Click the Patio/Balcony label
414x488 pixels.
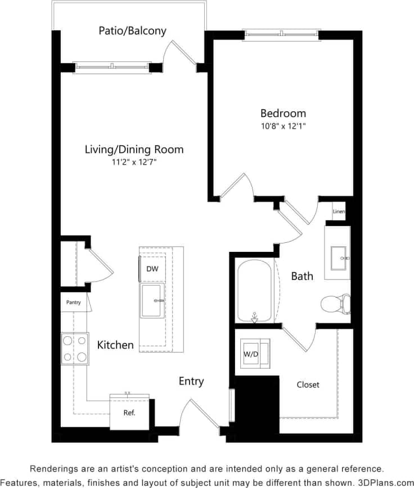132,30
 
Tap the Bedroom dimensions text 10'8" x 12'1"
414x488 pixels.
283,126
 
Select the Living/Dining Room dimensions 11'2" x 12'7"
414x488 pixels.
134,163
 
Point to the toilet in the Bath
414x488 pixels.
335,304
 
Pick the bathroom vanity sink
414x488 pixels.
338,258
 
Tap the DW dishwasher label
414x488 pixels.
152,269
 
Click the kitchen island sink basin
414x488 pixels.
152,300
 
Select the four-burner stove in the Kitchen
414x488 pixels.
75,348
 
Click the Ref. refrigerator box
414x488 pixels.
129,412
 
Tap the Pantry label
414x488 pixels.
74,302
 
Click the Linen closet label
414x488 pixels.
339,212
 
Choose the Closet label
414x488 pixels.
308,385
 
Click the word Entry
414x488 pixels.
191,381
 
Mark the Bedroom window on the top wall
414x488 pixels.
282,35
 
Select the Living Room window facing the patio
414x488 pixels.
112,67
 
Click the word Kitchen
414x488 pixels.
115,345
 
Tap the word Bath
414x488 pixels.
302,276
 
